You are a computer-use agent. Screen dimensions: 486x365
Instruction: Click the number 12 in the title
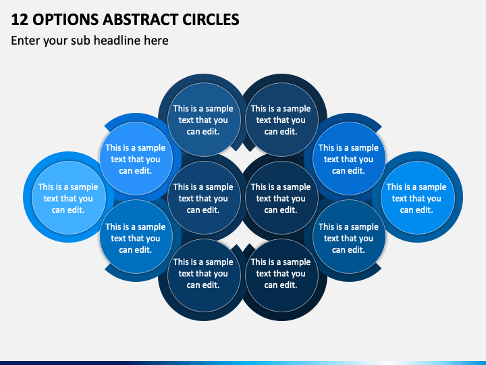click(20, 20)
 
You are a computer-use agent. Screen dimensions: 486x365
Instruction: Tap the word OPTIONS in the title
click(65, 20)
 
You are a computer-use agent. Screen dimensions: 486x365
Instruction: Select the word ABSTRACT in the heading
click(140, 20)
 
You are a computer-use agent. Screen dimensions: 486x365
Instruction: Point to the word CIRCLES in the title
click(211, 20)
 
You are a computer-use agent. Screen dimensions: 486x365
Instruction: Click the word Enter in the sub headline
click(26, 41)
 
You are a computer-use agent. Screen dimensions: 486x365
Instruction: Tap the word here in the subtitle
click(156, 41)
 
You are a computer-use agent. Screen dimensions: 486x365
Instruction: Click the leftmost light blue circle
click(68, 197)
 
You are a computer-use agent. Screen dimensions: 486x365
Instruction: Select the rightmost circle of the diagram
click(418, 197)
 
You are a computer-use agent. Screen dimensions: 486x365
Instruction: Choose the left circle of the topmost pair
click(204, 120)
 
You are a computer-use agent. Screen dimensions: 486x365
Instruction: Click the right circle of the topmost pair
click(281, 120)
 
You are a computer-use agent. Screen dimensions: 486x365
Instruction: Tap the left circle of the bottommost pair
click(204, 276)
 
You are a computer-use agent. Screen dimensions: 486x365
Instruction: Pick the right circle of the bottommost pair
click(281, 276)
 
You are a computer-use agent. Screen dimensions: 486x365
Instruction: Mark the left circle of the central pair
click(204, 197)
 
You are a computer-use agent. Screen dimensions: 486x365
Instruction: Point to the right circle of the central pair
click(281, 197)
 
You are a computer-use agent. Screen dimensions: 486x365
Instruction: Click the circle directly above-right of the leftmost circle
click(136, 159)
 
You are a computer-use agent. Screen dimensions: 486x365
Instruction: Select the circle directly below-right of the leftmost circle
click(136, 237)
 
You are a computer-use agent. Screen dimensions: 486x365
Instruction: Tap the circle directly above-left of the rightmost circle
click(349, 159)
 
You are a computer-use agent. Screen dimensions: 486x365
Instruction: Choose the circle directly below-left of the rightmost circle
click(349, 237)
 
